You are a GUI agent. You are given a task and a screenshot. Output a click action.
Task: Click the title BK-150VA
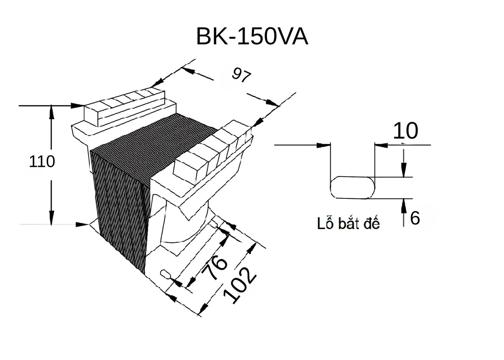click(252, 37)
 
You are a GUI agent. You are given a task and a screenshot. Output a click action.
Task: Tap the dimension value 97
click(241, 76)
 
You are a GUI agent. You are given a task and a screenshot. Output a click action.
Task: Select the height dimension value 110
click(42, 162)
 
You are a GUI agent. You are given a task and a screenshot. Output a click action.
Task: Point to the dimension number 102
click(239, 286)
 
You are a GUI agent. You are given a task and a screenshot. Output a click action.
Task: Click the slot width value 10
click(405, 131)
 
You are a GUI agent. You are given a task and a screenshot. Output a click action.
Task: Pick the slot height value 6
click(415, 218)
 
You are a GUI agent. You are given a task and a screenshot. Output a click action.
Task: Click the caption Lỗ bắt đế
click(348, 224)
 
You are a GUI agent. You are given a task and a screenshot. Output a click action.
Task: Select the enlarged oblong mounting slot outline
click(352, 188)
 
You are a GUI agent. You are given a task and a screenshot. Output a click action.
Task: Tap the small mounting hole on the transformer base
click(166, 274)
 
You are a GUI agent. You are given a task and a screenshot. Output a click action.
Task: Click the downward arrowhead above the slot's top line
click(404, 169)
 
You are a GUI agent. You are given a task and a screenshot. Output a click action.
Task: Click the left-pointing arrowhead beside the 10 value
click(381, 145)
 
